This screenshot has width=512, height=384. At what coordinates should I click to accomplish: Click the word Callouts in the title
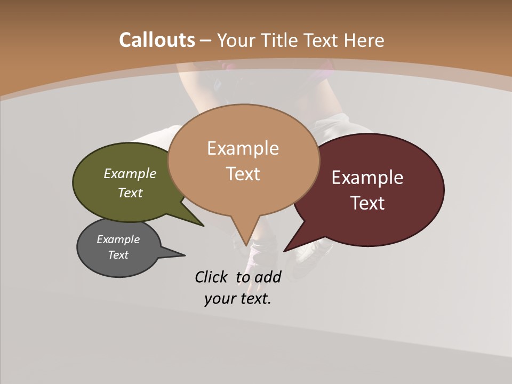157,40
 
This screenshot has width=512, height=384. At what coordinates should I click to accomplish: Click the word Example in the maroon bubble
367,177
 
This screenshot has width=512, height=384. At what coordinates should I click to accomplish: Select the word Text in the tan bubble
243,174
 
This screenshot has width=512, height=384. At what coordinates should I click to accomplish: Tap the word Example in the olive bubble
130,173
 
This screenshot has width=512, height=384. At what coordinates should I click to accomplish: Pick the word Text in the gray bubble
118,255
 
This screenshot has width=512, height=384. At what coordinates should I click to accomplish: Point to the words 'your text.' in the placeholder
238,299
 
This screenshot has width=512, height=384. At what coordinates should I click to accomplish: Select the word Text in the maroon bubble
368,203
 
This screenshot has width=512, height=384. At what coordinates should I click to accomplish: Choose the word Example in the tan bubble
243,148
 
